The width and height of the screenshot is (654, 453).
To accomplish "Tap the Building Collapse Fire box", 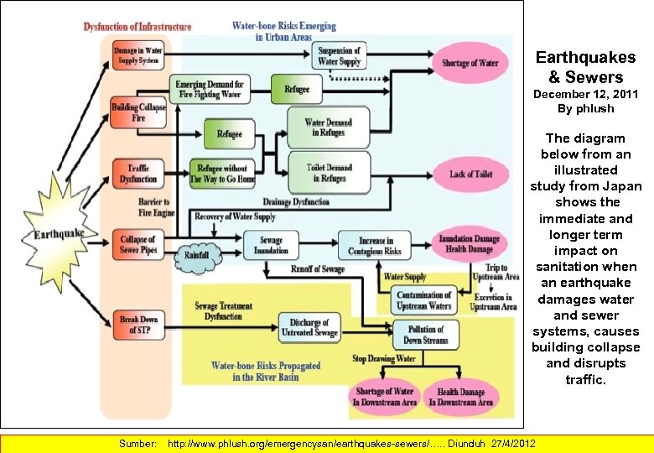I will pos(138,112).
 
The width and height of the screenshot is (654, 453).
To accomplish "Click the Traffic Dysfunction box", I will pos(138,174).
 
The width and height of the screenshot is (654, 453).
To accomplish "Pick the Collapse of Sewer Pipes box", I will pos(138,245).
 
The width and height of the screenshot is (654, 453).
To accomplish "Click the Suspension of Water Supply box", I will pos(340,57).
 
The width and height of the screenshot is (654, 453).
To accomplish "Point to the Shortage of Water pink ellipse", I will pos(470,63).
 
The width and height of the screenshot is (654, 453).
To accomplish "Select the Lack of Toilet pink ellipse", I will pos(470,174).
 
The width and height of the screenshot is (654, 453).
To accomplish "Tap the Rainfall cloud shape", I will pos(198,255).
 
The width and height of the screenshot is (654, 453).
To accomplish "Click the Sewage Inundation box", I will pos(272,246).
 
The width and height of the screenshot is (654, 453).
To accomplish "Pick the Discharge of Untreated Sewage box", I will pos(309,328).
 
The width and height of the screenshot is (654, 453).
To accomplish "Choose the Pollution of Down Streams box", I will pos(426,335).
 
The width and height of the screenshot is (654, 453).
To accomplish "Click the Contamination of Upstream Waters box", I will pos(423,300).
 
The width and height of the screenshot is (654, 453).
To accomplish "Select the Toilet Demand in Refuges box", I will pos(329,173).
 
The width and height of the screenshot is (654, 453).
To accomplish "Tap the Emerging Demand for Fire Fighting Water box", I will pos(209,89).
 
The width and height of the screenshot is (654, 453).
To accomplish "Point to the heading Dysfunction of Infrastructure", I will pos(138,27).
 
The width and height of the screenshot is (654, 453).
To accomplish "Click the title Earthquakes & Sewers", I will pos(585,67).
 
